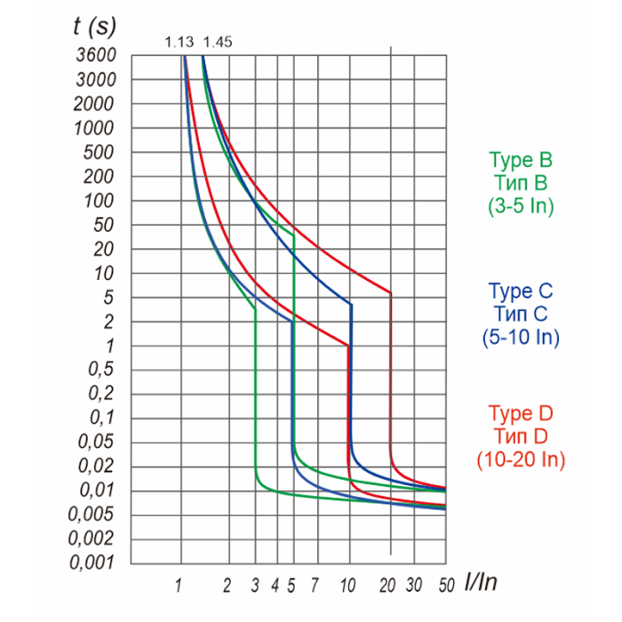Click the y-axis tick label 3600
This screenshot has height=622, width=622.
point(96,55)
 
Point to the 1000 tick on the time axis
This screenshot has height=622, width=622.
point(94,128)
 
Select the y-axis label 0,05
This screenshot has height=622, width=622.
point(96,441)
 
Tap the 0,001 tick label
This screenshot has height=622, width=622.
point(92,562)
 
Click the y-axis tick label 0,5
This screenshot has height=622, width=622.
point(100,369)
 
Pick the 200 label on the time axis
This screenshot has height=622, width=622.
point(99,177)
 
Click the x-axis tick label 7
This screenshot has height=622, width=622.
point(315,585)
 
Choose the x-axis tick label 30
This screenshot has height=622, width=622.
point(414,585)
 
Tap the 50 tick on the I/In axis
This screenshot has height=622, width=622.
point(446,585)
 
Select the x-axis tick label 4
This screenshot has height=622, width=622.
point(275,585)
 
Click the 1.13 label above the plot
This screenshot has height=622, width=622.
point(179,42)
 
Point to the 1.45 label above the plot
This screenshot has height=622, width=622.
point(218,42)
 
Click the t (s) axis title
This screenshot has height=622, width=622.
point(94,27)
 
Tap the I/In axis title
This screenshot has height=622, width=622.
point(481,582)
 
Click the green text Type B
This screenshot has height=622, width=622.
point(521,160)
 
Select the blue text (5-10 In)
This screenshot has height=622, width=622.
point(521,337)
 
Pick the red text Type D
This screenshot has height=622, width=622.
point(521,414)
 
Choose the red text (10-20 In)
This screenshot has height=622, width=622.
point(521,459)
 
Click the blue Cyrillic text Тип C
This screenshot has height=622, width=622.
point(521,314)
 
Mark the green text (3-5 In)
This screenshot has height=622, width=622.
point(521,205)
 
